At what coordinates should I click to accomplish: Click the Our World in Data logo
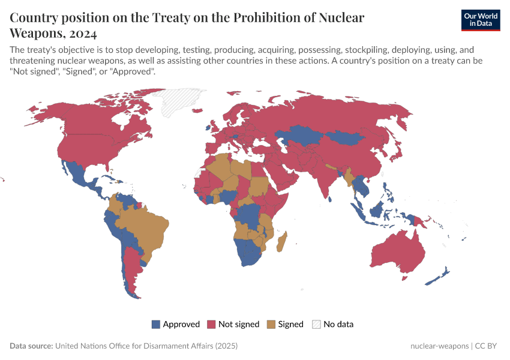click(x=480, y=20)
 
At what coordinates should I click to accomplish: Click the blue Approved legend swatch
click(x=156, y=324)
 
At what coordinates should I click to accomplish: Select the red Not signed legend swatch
click(x=211, y=324)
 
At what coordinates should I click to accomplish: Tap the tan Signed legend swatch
click(x=271, y=324)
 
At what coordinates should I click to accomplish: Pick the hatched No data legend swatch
click(x=316, y=324)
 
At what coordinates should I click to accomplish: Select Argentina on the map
click(x=130, y=270)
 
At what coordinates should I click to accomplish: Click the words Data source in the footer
click(x=31, y=346)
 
